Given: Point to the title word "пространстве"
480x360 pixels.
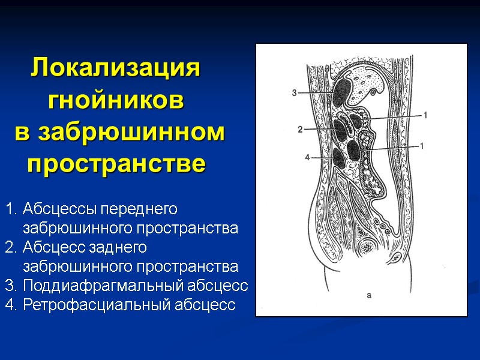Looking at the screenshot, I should pyautogui.click(x=116, y=163).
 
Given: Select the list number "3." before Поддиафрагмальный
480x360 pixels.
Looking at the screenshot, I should pyautogui.click(x=11, y=286).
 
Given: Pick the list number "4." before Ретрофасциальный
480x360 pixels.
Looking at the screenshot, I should pyautogui.click(x=11, y=305).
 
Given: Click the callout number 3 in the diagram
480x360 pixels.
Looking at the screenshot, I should pyautogui.click(x=294, y=92).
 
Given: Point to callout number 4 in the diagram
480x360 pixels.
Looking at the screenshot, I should pyautogui.click(x=307, y=158).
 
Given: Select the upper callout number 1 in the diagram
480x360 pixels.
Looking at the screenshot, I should pyautogui.click(x=425, y=114).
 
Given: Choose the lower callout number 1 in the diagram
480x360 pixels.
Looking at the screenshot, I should pyautogui.click(x=422, y=145).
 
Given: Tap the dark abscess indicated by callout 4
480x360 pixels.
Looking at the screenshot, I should pyautogui.click(x=340, y=157).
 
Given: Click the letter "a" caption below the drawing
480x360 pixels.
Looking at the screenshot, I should pyautogui.click(x=369, y=295).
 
